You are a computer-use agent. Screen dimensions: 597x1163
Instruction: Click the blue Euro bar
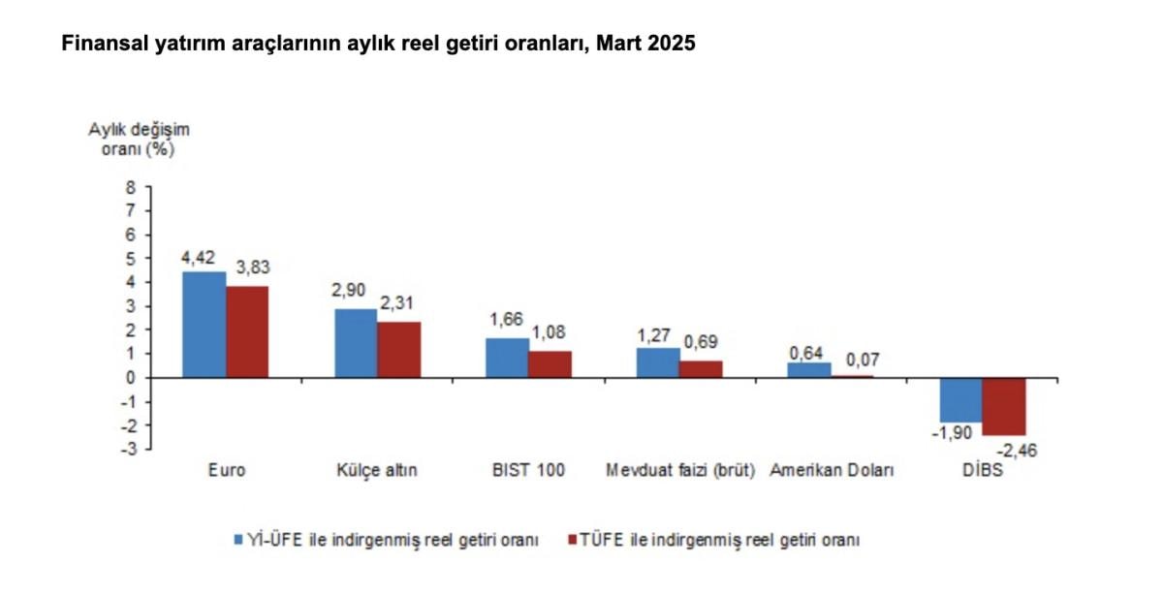pos(204,325)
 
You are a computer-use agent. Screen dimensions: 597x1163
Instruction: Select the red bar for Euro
pos(247,331)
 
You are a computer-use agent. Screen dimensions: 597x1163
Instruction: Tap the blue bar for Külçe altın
pos(356,343)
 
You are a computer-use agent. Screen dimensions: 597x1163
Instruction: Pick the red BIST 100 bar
pos(550,364)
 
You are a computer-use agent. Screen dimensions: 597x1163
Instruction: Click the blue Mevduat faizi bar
pos(657,362)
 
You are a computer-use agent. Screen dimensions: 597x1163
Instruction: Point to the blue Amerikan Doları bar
pos(808,370)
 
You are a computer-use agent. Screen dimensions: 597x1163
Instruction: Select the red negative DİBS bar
pos(1003,406)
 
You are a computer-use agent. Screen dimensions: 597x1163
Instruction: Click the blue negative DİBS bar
pos(960,399)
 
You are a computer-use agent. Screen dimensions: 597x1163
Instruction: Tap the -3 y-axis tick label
pos(127,449)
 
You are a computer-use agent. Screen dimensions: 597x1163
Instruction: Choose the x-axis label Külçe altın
pos(378,471)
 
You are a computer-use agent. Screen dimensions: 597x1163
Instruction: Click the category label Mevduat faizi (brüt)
pos(679,471)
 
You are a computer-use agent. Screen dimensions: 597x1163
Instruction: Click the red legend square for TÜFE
pos(573,539)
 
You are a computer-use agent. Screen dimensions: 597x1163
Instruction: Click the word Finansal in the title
pos(102,45)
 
